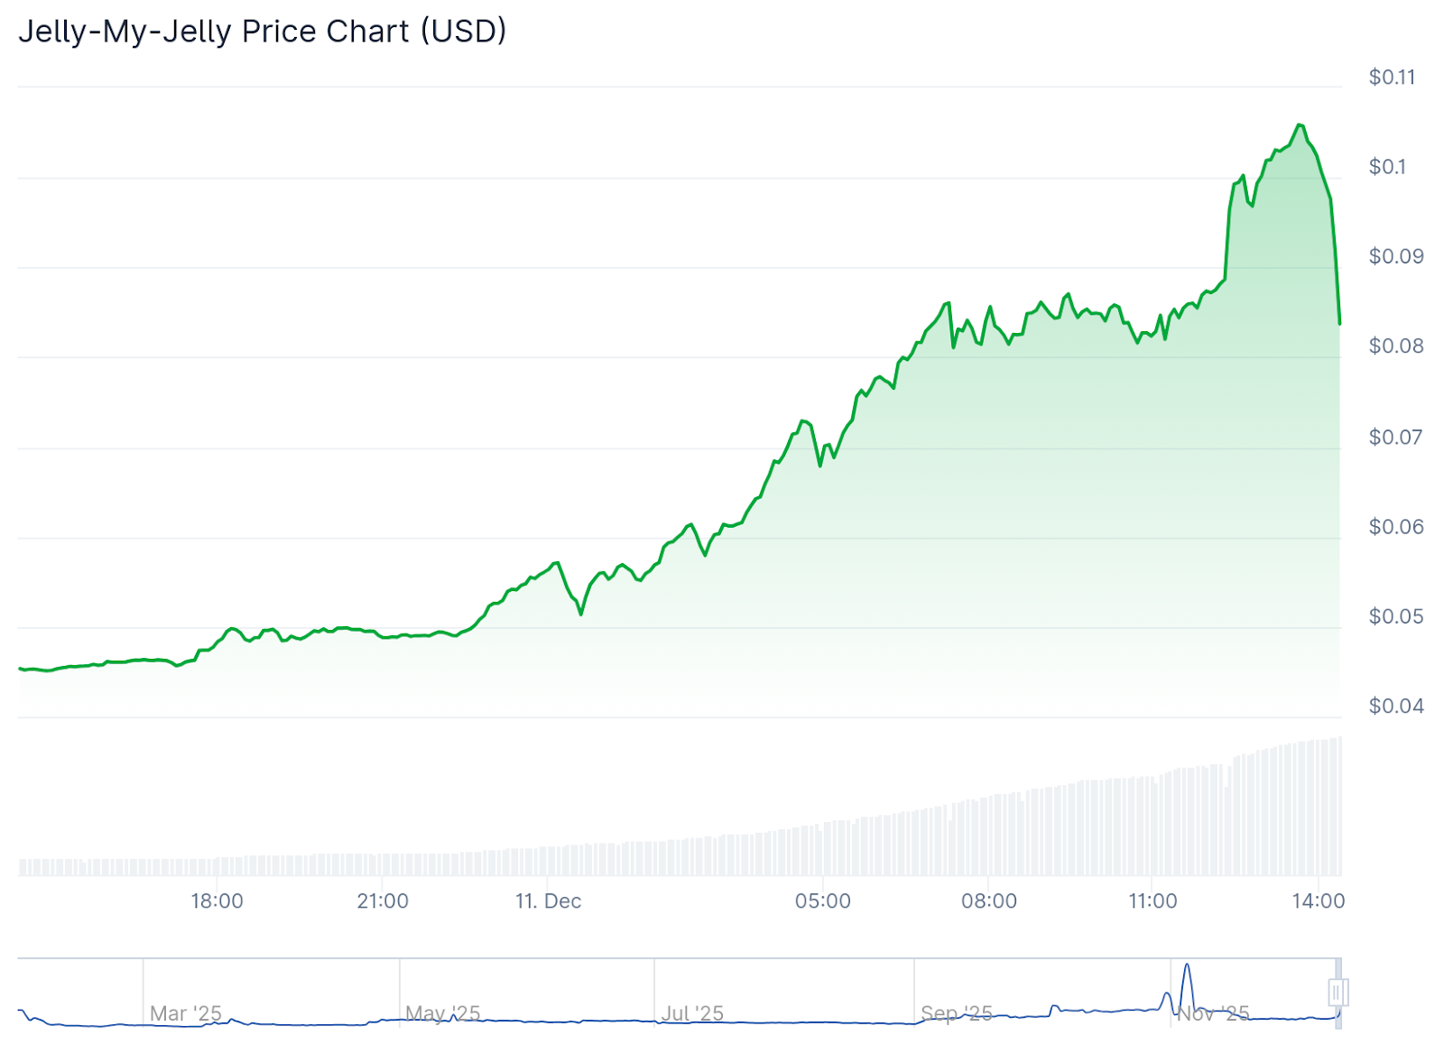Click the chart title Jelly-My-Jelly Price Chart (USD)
(x=263, y=32)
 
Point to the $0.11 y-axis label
(x=1392, y=78)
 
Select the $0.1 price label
(x=1387, y=167)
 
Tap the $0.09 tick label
(x=1395, y=256)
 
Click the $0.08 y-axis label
(x=1395, y=346)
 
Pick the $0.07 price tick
(x=1395, y=437)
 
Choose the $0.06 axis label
(x=1395, y=526)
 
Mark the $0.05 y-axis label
(x=1395, y=616)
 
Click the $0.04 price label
(x=1395, y=706)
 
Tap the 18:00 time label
(x=217, y=901)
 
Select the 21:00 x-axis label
(x=383, y=901)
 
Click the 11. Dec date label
(x=548, y=901)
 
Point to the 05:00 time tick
(x=822, y=901)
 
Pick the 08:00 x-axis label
(x=988, y=901)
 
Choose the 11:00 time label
(x=1152, y=901)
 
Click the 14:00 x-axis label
(x=1318, y=901)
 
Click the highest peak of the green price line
(x=1299, y=125)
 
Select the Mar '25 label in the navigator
(x=185, y=1013)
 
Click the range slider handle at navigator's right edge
(x=1338, y=993)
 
